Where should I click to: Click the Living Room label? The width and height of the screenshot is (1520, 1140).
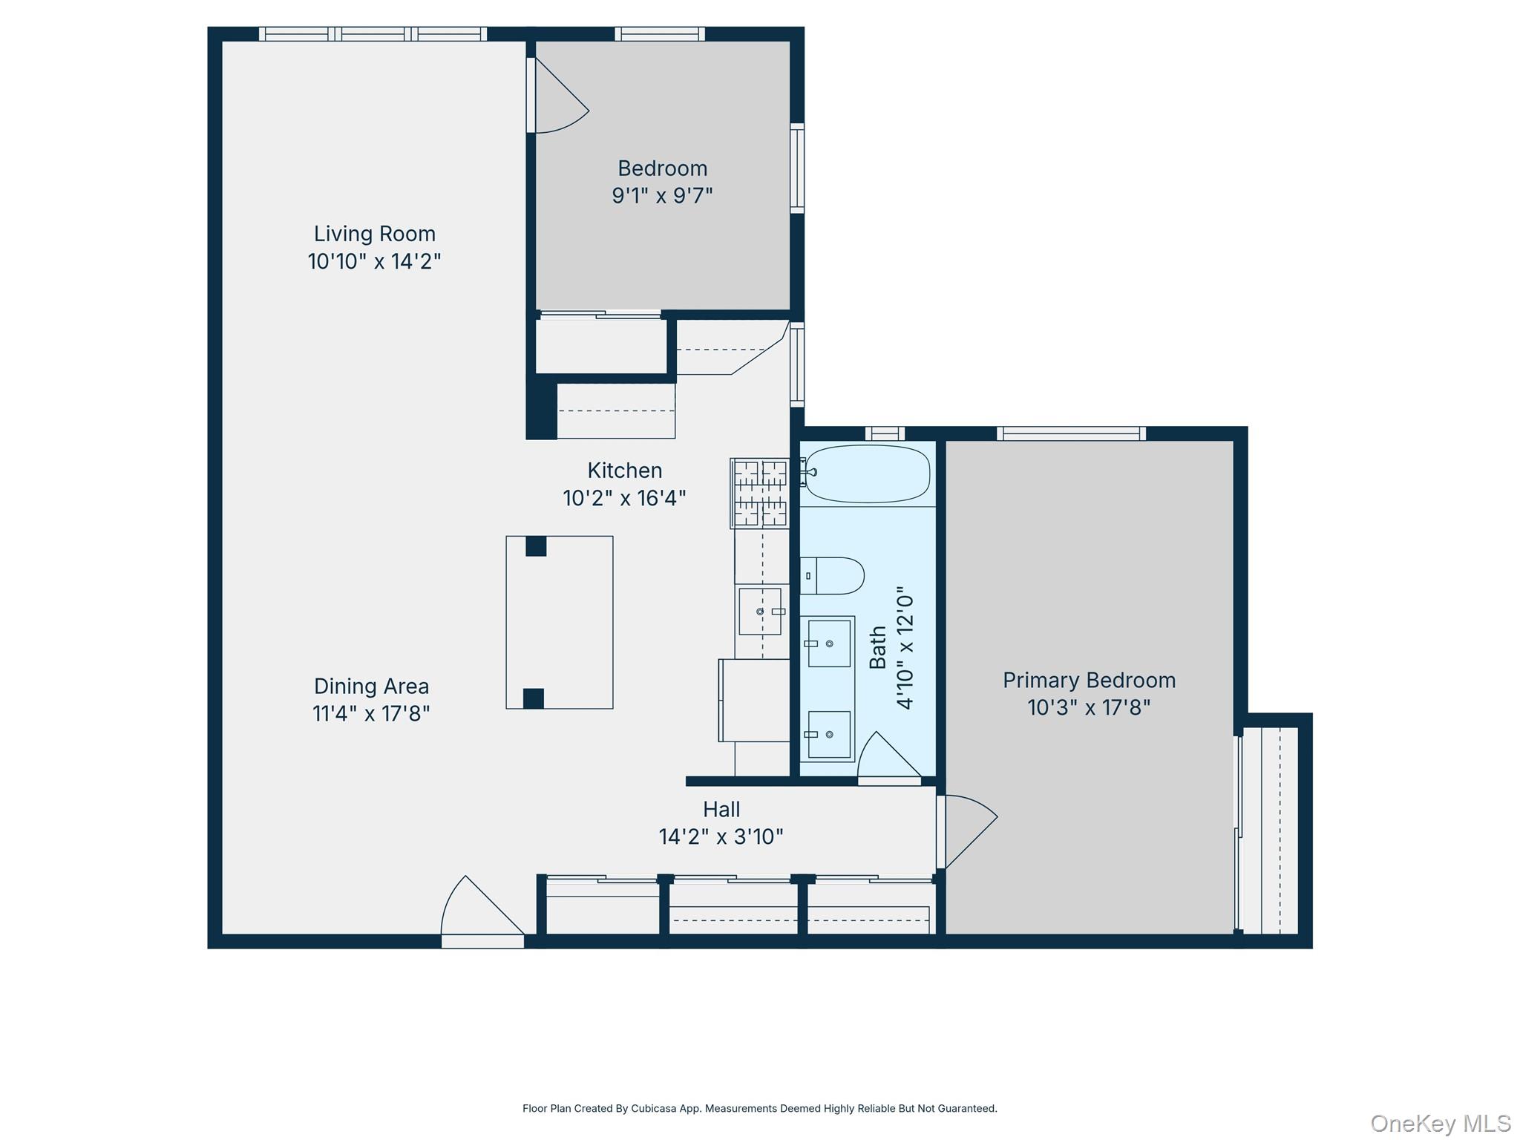tap(374, 234)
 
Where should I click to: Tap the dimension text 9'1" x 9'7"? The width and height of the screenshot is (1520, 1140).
tap(662, 196)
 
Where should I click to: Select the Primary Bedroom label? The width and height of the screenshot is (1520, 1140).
tap(1089, 680)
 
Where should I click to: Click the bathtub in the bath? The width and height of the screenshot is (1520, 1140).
tap(867, 474)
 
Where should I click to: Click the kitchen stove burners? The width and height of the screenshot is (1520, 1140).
tap(760, 493)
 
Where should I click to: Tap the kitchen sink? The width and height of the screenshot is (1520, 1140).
tap(760, 612)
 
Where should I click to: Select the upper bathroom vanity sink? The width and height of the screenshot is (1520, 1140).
tap(829, 643)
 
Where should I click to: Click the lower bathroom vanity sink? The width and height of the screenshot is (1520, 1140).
tap(829, 734)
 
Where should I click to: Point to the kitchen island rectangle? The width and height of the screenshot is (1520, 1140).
tap(560, 622)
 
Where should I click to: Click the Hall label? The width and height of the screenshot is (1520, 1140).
tap(721, 809)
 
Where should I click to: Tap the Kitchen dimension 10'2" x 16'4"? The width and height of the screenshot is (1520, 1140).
tap(624, 498)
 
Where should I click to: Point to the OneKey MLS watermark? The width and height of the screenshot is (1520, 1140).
tap(1440, 1124)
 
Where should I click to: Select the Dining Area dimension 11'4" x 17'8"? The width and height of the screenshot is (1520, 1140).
tap(371, 714)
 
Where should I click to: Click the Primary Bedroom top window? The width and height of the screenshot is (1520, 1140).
tap(1070, 433)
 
